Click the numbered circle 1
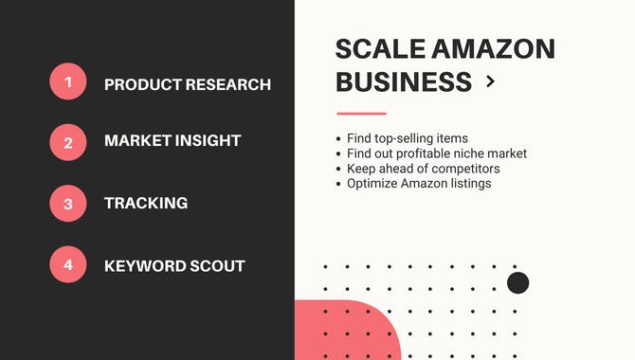[68, 82]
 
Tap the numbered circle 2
[68, 142]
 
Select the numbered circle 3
[68, 204]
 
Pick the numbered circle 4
[68, 265]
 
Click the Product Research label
[188, 84]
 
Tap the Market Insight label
[172, 141]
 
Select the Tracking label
[146, 203]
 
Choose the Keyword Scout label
[174, 266]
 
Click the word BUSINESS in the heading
[404, 82]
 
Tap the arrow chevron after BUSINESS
[490, 82]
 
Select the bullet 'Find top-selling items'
[408, 139]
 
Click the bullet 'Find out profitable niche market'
[437, 153]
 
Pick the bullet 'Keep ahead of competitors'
[423, 169]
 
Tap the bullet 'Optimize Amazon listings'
[419, 183]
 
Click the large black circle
[517, 282]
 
